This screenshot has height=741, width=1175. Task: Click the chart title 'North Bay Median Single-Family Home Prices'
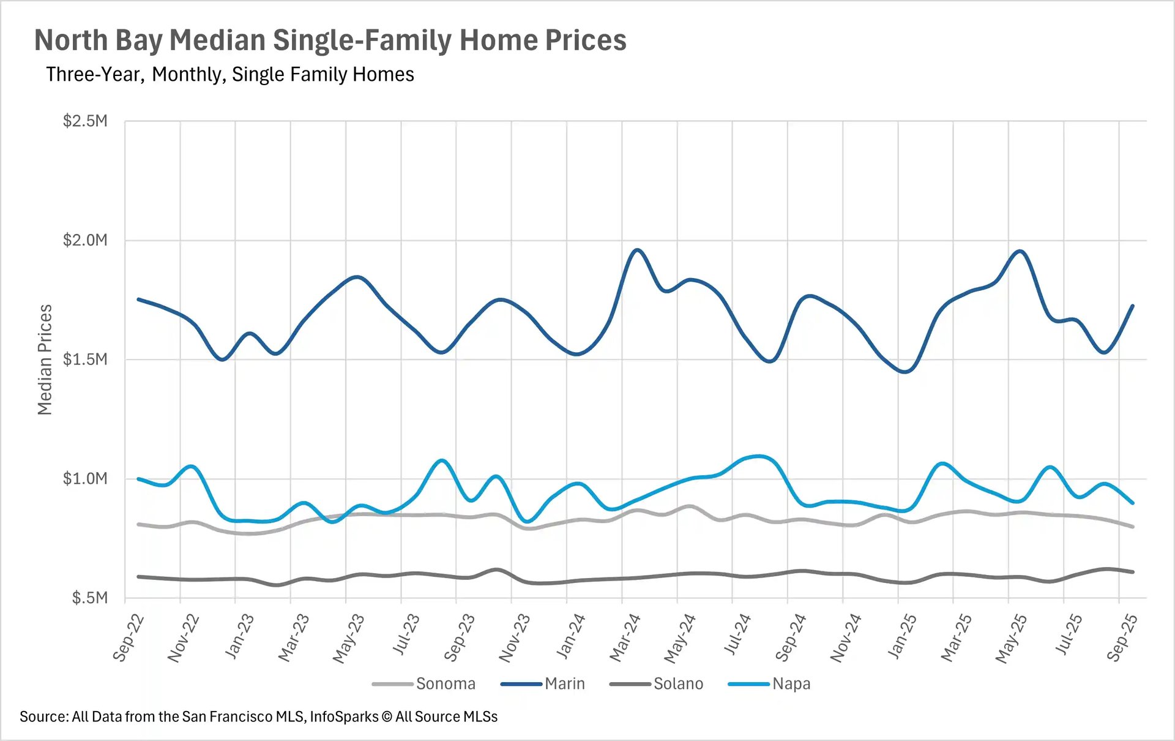330,40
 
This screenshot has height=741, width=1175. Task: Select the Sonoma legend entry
445,683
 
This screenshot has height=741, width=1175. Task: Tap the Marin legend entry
564,683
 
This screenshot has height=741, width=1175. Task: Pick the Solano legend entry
678,683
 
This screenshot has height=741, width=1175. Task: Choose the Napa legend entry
791,683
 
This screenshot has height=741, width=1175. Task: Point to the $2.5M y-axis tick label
85,121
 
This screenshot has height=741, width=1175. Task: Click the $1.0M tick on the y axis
85,478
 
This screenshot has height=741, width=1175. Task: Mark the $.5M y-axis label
89,598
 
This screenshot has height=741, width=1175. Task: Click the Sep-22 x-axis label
129,638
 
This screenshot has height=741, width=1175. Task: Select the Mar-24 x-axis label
625,638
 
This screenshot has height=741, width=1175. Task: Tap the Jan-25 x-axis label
902,638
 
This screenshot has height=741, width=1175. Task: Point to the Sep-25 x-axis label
1122,638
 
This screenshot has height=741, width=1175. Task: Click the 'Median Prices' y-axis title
45,359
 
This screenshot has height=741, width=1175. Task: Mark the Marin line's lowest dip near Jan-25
906,371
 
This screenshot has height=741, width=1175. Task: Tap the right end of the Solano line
1133,572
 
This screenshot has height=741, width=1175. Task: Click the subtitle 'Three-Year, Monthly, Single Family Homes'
230,75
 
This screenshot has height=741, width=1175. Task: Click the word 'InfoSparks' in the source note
344,717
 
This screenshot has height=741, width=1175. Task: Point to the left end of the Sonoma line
139,524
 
